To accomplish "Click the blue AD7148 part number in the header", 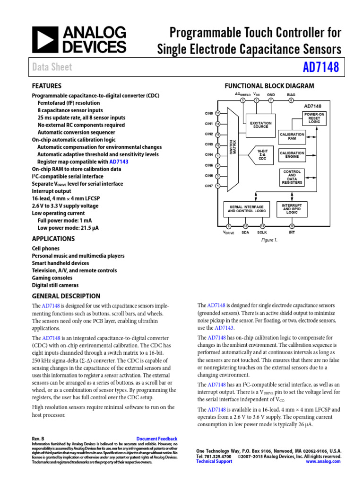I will [x=321, y=67].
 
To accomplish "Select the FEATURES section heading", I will [x=46, y=86].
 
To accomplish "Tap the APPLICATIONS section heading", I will [x=53, y=239].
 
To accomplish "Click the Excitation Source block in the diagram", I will [x=260, y=125].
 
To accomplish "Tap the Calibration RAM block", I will [x=292, y=137].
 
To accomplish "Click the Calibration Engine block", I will [x=292, y=155].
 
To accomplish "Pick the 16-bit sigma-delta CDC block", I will [x=262, y=155].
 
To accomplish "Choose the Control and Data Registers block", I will [x=292, y=177].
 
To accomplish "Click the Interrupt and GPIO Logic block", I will [x=292, y=208].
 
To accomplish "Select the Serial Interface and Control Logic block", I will [x=247, y=209].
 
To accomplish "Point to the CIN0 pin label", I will [x=208, y=114].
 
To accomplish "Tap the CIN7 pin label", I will [x=208, y=186].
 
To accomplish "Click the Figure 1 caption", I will [x=269, y=240].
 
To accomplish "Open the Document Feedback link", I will [x=156, y=439].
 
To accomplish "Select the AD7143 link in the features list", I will [x=118, y=162].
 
